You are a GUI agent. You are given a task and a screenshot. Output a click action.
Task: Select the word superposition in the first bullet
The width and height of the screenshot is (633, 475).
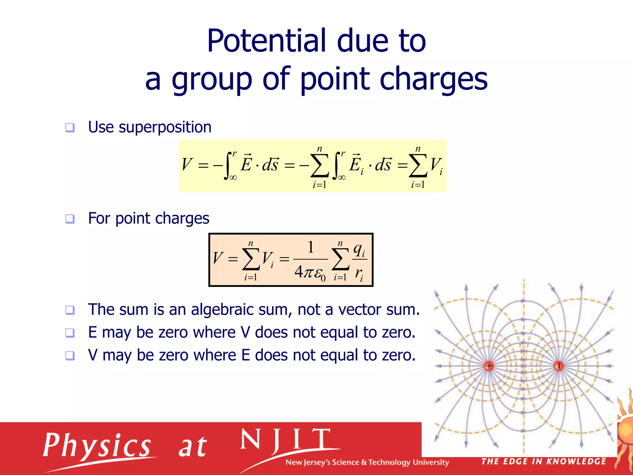point(165,127)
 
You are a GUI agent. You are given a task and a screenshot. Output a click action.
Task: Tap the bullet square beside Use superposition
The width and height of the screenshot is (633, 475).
point(70,127)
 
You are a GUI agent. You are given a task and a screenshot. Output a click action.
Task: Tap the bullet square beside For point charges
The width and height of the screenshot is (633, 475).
point(70,219)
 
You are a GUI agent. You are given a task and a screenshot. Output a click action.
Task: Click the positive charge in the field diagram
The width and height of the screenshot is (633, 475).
point(489,366)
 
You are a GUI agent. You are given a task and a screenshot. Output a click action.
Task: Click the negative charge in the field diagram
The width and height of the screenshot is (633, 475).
point(559,366)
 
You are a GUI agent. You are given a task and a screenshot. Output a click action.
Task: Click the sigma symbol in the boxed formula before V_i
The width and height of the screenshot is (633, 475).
point(251,259)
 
